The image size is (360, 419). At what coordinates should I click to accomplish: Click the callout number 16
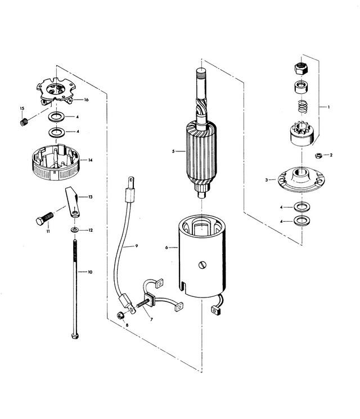click(x=86, y=100)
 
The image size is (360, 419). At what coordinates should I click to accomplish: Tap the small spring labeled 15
click(x=24, y=122)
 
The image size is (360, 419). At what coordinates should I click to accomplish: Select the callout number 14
click(x=91, y=160)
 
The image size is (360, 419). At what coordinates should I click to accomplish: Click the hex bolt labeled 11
click(x=44, y=218)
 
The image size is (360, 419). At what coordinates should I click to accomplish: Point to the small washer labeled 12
click(x=75, y=229)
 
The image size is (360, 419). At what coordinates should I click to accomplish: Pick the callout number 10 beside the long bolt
click(x=90, y=272)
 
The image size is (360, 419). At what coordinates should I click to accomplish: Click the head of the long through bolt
click(x=75, y=336)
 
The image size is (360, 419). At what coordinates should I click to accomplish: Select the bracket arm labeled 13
click(x=72, y=202)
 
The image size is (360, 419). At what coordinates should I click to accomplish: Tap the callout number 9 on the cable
click(x=136, y=246)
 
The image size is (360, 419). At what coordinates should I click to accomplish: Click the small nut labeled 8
click(x=120, y=316)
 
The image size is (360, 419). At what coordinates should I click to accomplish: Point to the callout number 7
click(x=151, y=319)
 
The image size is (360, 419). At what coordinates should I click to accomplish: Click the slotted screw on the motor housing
click(x=203, y=265)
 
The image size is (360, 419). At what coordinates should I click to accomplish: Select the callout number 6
click(x=166, y=247)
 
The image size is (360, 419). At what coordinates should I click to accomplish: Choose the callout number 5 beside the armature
click(x=173, y=151)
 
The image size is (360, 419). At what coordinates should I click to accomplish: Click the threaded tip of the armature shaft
click(x=201, y=72)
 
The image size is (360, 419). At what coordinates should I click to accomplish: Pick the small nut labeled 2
click(x=318, y=156)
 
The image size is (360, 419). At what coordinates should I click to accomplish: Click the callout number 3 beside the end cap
click(x=267, y=180)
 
